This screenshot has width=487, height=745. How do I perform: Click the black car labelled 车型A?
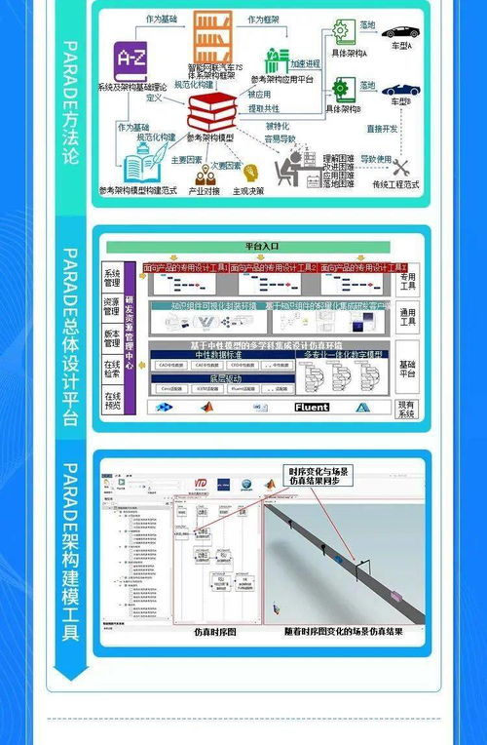[398, 32]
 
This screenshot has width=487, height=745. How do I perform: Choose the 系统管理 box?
[113, 277]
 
